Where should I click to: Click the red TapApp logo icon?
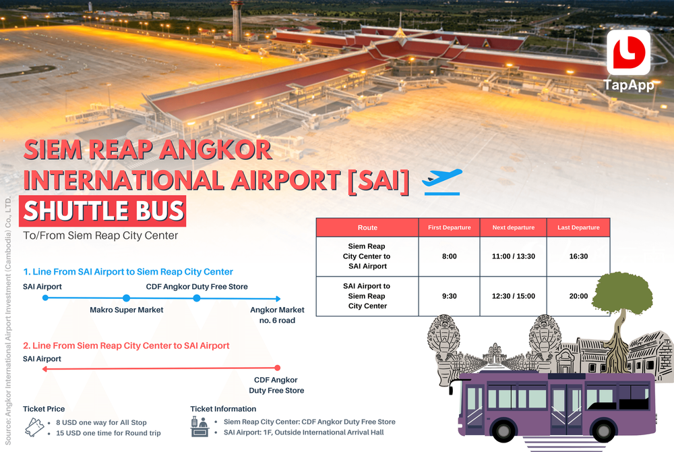coord(628,52)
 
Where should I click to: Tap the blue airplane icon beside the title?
coord(442,181)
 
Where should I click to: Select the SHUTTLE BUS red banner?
coord(103,211)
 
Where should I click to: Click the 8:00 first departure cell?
coord(450,256)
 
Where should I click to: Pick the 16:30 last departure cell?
coord(578,256)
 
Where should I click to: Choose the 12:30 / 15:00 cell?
coord(513,296)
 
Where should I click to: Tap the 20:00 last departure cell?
coord(578,296)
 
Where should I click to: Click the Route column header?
coord(367,227)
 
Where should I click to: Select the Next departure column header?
coord(513,227)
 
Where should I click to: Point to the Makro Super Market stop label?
coord(127,310)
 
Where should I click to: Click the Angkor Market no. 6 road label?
coord(277,315)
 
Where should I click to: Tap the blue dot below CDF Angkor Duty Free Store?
coord(197,298)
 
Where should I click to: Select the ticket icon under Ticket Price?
coord(34,427)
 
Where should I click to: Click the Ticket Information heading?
coord(223,409)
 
